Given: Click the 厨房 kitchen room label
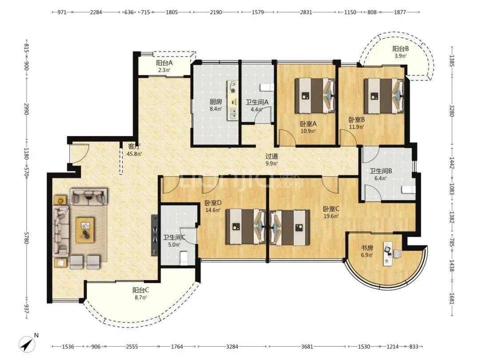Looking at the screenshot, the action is click(x=216, y=102).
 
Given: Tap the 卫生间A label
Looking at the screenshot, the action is click(x=257, y=102).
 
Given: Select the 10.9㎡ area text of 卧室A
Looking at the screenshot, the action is click(x=308, y=131).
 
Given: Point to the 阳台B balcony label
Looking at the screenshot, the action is click(x=400, y=49).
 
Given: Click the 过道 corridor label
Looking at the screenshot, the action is click(x=272, y=156).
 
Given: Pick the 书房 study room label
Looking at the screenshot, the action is click(x=367, y=248).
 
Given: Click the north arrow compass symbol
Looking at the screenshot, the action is click(x=27, y=344).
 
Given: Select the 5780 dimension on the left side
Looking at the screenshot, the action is click(x=27, y=238).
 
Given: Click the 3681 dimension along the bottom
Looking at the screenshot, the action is click(x=307, y=347).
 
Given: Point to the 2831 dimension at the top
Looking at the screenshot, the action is click(x=306, y=12).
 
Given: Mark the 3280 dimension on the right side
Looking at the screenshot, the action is click(x=452, y=111).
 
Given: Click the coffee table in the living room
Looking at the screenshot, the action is click(x=85, y=230).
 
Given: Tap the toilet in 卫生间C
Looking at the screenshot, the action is click(x=184, y=258).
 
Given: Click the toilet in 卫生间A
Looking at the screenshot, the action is click(x=267, y=88).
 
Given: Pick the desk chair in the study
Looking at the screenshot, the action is click(x=397, y=254).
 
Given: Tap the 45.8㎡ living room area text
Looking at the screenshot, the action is click(x=134, y=154).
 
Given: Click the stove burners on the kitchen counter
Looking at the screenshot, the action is click(x=233, y=87).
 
